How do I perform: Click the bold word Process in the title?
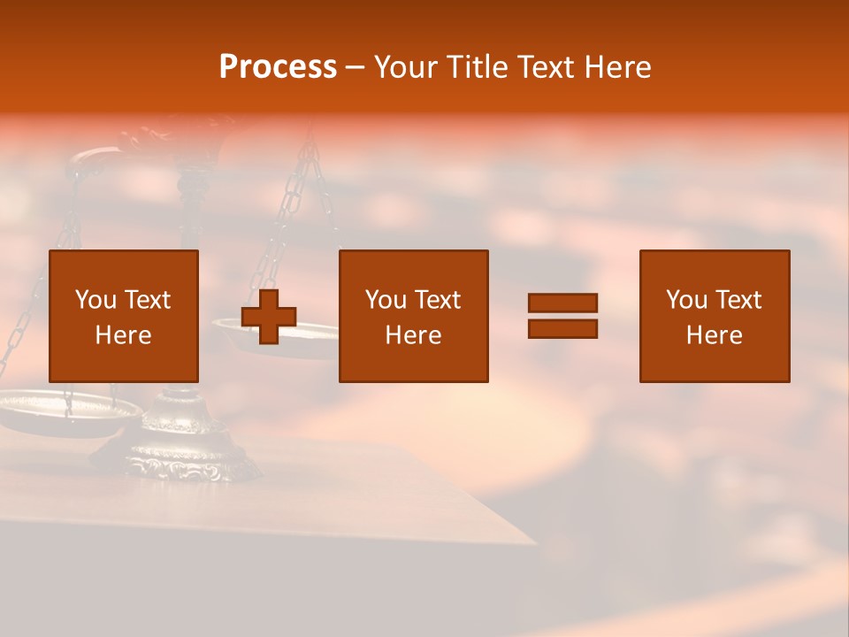click(278, 67)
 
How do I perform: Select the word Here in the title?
click(618, 67)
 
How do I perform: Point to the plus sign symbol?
click(269, 317)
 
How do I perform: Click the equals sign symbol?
click(562, 316)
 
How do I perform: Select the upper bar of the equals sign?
click(562, 303)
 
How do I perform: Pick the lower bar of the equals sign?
click(562, 328)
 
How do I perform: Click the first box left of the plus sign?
click(124, 316)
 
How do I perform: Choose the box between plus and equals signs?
click(414, 316)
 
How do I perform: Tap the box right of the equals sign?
click(715, 316)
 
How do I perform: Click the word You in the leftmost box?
click(95, 300)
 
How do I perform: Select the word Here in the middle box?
click(414, 335)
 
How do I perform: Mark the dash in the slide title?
click(356, 68)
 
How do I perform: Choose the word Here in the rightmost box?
click(715, 335)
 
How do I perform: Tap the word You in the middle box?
click(386, 300)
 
